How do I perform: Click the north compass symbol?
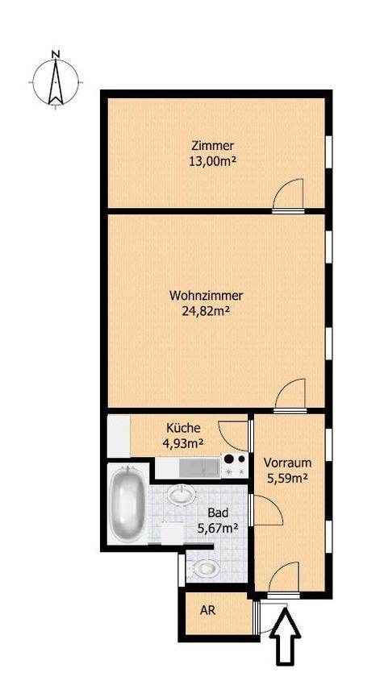click(56, 80)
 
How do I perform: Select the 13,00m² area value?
click(212, 161)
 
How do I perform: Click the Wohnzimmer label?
click(206, 295)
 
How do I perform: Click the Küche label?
click(184, 428)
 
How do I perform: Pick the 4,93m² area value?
click(184, 443)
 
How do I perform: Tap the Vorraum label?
click(287, 463)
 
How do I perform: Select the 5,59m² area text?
click(287, 478)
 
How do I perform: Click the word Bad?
click(218, 513)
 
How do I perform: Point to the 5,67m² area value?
click(218, 528)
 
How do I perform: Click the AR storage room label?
click(207, 610)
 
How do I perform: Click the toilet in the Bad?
click(204, 568)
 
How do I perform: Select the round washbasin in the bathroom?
click(181, 494)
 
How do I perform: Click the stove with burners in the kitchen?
click(235, 465)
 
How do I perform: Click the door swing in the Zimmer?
click(289, 193)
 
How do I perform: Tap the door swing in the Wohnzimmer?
click(290, 395)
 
